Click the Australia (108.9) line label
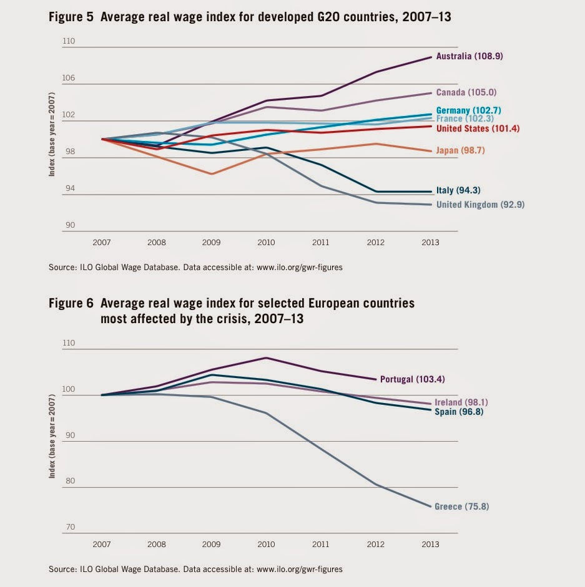click(469, 56)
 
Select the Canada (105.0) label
click(466, 92)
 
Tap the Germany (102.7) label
click(468, 110)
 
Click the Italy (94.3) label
click(458, 190)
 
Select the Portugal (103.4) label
click(413, 379)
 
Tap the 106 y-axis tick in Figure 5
click(69, 79)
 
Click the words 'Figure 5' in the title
click(69, 17)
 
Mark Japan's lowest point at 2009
click(212, 174)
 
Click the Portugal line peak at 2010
click(267, 358)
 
